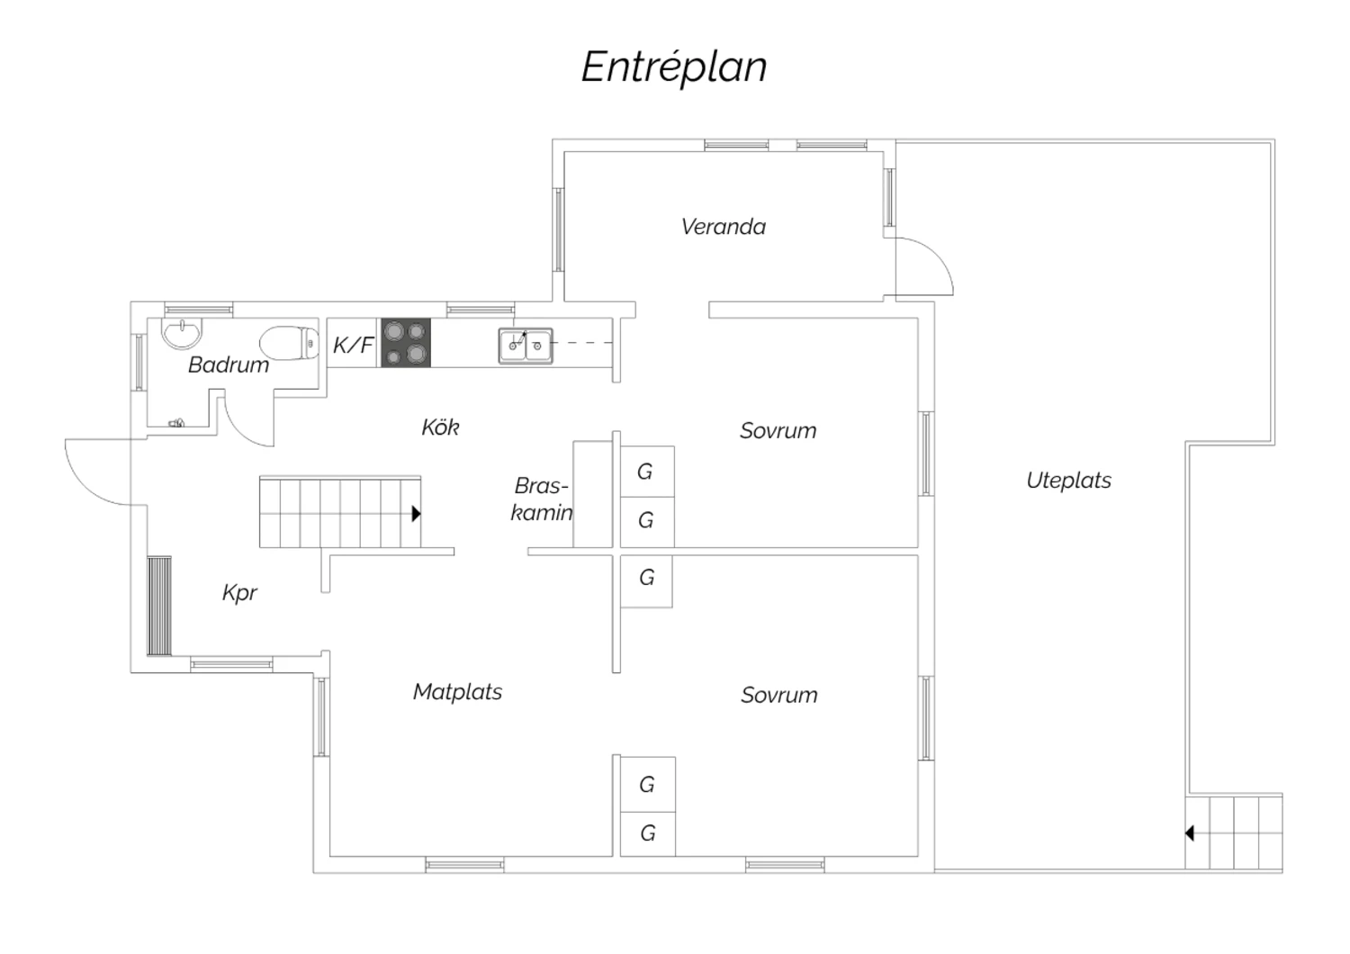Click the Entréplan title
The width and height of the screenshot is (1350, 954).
point(673,67)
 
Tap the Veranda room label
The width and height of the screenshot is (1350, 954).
point(723,227)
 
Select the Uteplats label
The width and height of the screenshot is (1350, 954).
point(1068,481)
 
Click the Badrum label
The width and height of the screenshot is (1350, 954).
point(228,364)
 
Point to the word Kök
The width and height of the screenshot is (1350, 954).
point(440,427)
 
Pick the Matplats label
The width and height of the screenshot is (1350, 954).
point(457,692)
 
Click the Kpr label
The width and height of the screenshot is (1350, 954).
point(239,593)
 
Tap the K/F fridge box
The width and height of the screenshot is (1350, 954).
point(353,344)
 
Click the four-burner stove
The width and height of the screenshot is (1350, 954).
point(405,343)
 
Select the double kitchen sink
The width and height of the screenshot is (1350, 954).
point(526,346)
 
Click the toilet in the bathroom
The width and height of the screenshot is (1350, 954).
point(290,343)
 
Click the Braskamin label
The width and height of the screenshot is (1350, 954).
point(541,499)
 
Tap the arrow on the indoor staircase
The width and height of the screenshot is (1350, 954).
point(416,514)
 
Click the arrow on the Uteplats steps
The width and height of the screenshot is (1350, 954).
point(1189,833)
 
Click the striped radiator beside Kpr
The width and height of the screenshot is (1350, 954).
point(159,606)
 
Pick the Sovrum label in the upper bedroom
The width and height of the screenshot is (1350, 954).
point(778,431)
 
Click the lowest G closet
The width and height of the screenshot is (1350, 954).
point(647,833)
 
